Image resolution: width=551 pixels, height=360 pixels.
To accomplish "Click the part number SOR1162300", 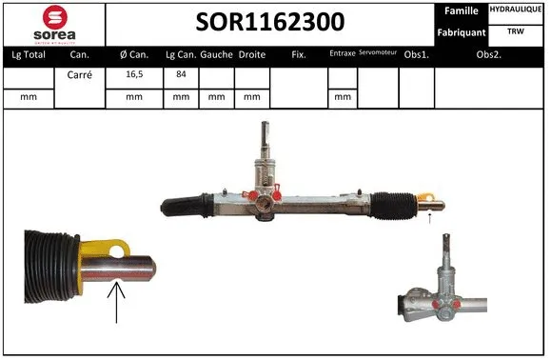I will (x=269, y=22).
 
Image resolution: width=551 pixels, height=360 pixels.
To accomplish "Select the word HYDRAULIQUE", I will (x=517, y=10).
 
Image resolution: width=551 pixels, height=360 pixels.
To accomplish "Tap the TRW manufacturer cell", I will (x=516, y=31).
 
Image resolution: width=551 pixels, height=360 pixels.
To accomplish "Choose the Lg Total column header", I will (x=29, y=54).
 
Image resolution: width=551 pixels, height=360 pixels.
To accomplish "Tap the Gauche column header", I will (x=217, y=54).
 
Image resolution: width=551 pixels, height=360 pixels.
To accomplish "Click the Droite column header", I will (x=252, y=54).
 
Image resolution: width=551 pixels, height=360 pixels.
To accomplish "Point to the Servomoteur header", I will (x=378, y=54).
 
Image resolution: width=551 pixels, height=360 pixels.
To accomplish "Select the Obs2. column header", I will (x=489, y=54).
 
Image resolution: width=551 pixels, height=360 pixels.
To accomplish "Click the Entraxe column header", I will (x=342, y=54).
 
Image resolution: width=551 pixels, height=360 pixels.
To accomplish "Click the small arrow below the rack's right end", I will (x=430, y=219).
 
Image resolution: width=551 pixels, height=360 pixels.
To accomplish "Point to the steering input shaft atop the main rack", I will (x=266, y=143).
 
